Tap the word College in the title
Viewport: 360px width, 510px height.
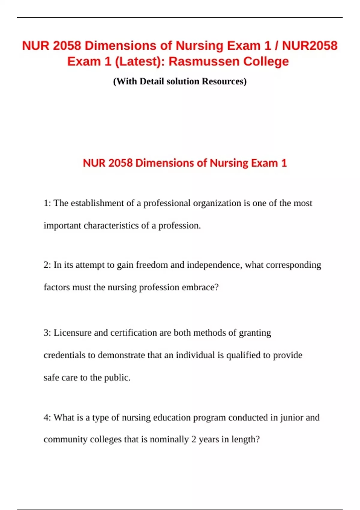(266, 61)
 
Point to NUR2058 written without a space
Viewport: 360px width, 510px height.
(310, 46)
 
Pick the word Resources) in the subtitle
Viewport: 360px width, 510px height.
(224, 81)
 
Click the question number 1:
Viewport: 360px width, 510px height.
(47, 203)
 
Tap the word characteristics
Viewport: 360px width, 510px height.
(116, 225)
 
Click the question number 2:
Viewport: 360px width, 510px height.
(47, 265)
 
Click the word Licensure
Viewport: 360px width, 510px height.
(72, 333)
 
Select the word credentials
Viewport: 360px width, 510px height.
(64, 355)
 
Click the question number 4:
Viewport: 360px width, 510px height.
(47, 417)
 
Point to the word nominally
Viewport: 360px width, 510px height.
(169, 439)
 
